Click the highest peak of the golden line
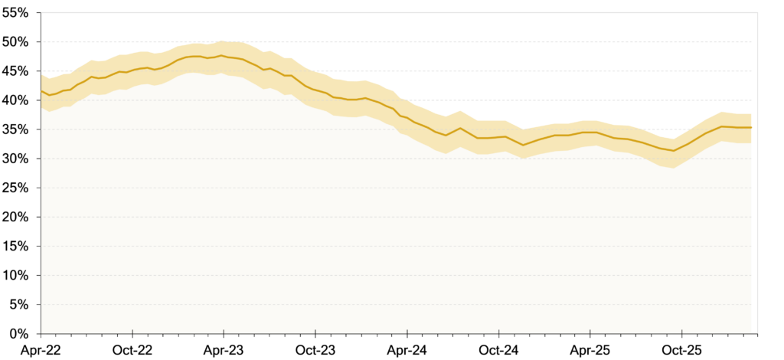221,55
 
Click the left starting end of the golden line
41,90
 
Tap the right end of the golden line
751,127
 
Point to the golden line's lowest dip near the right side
673,151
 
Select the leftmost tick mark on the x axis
132,332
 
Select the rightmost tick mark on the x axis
681,332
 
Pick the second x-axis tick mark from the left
224,332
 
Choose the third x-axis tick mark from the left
315,332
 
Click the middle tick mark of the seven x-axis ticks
407,332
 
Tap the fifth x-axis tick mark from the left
498,332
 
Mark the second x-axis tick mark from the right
590,332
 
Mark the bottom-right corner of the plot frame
757,333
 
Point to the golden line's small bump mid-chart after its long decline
460,128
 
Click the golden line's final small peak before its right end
722,126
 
